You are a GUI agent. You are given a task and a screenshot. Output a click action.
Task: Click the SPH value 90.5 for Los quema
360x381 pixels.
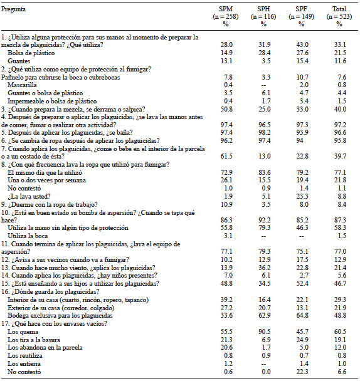(x=264, y=330)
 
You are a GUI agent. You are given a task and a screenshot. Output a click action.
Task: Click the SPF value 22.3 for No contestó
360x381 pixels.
(x=302, y=371)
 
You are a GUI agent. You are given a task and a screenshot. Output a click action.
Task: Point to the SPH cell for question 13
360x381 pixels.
(x=264, y=267)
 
